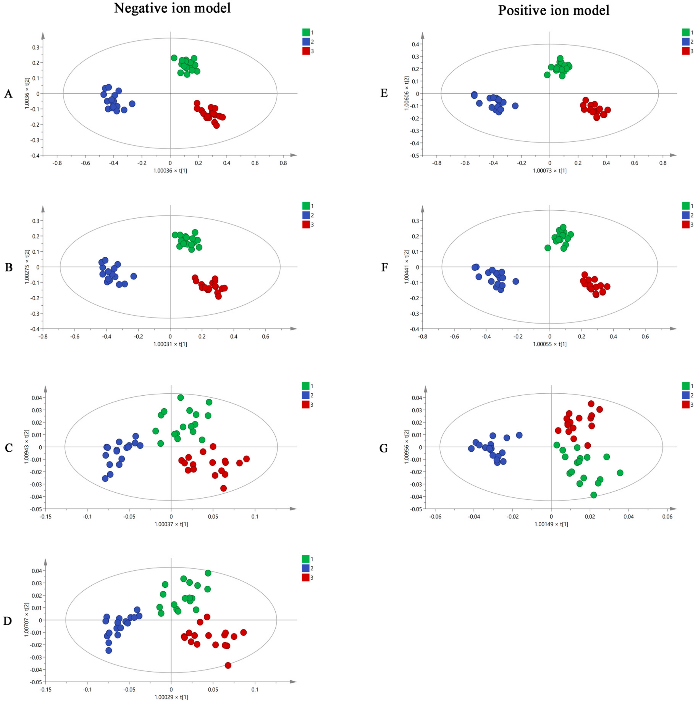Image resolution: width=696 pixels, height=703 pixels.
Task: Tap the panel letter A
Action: (x=8, y=94)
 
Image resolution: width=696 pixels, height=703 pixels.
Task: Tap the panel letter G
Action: (x=384, y=448)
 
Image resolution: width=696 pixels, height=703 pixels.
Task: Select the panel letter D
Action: (x=8, y=621)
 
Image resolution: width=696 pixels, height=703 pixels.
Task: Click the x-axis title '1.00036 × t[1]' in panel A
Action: (x=170, y=171)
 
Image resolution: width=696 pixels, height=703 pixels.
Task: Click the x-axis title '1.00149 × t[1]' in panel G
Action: (x=551, y=524)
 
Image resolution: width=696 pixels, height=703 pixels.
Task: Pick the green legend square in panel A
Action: (x=306, y=32)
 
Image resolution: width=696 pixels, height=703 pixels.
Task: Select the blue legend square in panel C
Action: (x=305, y=395)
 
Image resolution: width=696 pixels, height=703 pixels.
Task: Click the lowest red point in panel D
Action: (x=228, y=665)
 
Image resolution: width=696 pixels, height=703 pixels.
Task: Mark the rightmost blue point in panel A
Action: (x=132, y=104)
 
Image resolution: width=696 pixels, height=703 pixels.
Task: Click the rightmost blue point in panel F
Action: (x=516, y=281)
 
